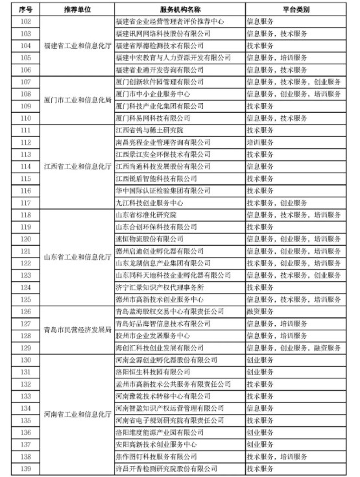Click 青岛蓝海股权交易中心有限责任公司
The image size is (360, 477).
[x=169, y=312]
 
